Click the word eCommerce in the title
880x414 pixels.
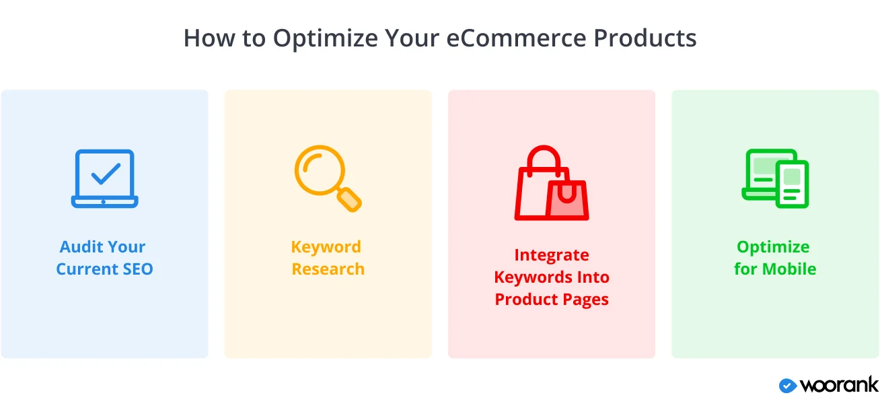(516, 38)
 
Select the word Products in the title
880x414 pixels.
(645, 38)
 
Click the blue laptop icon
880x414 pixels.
(104, 178)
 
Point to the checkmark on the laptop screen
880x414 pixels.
(105, 174)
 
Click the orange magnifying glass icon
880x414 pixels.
(328, 178)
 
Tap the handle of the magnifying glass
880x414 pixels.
(350, 200)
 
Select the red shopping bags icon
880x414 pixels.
(552, 183)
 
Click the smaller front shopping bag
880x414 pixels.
(567, 200)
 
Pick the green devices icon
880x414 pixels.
(775, 178)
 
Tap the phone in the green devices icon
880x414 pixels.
(792, 184)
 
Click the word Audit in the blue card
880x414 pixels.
(81, 247)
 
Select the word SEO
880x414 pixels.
(138, 269)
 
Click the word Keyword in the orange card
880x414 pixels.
(326, 248)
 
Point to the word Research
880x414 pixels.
(328, 269)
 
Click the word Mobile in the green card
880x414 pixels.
(789, 269)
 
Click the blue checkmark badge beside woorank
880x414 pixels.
(788, 386)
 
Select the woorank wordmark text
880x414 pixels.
(839, 384)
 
